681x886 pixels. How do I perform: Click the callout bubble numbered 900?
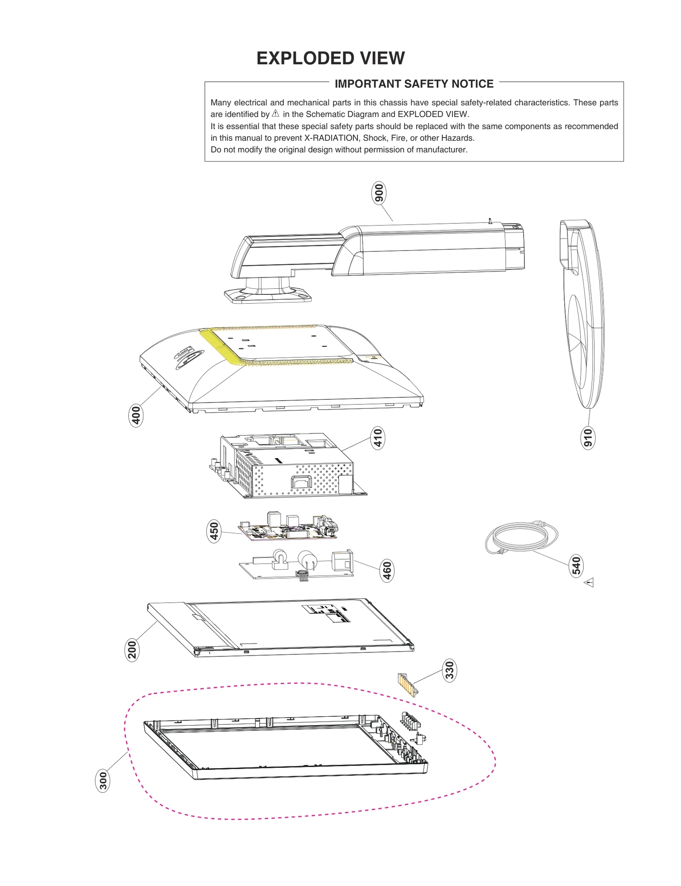point(378,193)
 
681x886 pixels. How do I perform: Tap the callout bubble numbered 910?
point(588,438)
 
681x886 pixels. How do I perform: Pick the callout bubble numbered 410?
point(378,438)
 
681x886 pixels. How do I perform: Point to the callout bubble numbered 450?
point(214,531)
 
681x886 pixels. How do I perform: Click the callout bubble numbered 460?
point(387,570)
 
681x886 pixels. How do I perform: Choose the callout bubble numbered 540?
point(576,566)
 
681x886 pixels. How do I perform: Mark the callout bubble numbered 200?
point(132,650)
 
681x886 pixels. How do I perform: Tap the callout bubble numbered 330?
point(449,670)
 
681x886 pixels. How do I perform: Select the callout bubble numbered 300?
point(103,781)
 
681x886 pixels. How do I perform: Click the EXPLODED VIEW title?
point(330,58)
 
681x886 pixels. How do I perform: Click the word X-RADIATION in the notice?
point(331,138)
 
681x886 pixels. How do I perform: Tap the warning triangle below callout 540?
point(589,582)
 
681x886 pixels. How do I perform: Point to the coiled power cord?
point(521,537)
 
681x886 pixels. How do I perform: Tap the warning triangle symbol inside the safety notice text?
point(275,114)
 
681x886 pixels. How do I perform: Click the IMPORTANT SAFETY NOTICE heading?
point(414,84)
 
